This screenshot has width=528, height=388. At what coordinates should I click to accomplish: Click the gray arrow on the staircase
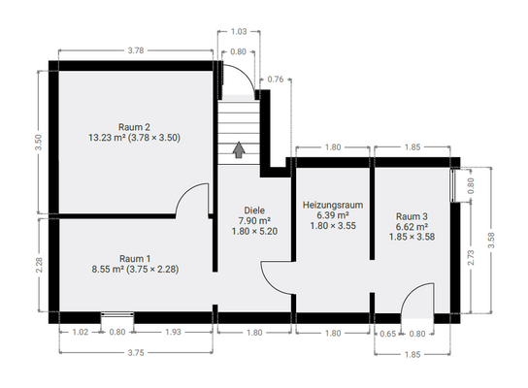pyautogui.click(x=239, y=150)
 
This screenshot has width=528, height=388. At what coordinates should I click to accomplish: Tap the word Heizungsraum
pyautogui.click(x=333, y=205)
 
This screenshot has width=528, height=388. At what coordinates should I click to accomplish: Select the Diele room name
pyautogui.click(x=254, y=210)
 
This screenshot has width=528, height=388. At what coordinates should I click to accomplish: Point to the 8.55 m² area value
pyautogui.click(x=108, y=270)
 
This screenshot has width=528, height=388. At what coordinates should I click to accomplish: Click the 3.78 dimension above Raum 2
pyautogui.click(x=136, y=50)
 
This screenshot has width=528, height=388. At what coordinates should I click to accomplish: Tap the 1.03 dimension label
pyautogui.click(x=239, y=32)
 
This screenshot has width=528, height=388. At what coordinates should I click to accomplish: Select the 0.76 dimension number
pyautogui.click(x=276, y=80)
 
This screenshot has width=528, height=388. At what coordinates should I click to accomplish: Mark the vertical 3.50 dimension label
pyautogui.click(x=39, y=143)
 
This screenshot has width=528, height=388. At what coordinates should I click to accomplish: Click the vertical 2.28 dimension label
pyautogui.click(x=39, y=265)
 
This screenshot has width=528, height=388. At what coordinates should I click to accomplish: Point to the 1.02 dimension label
pyautogui.click(x=81, y=332)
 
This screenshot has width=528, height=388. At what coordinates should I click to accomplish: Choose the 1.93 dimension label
pyautogui.click(x=173, y=332)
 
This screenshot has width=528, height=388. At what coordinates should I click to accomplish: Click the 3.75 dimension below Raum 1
pyautogui.click(x=136, y=353)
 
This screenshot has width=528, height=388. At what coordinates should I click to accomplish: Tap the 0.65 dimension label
pyautogui.click(x=388, y=334)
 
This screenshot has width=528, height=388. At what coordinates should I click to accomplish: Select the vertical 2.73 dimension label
pyautogui.click(x=471, y=257)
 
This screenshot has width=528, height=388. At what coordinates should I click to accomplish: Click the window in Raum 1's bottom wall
pyautogui.click(x=117, y=314)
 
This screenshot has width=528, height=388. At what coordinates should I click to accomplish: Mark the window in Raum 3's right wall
pyautogui.click(x=453, y=185)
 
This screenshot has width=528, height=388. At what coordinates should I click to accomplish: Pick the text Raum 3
pyautogui.click(x=412, y=216)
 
